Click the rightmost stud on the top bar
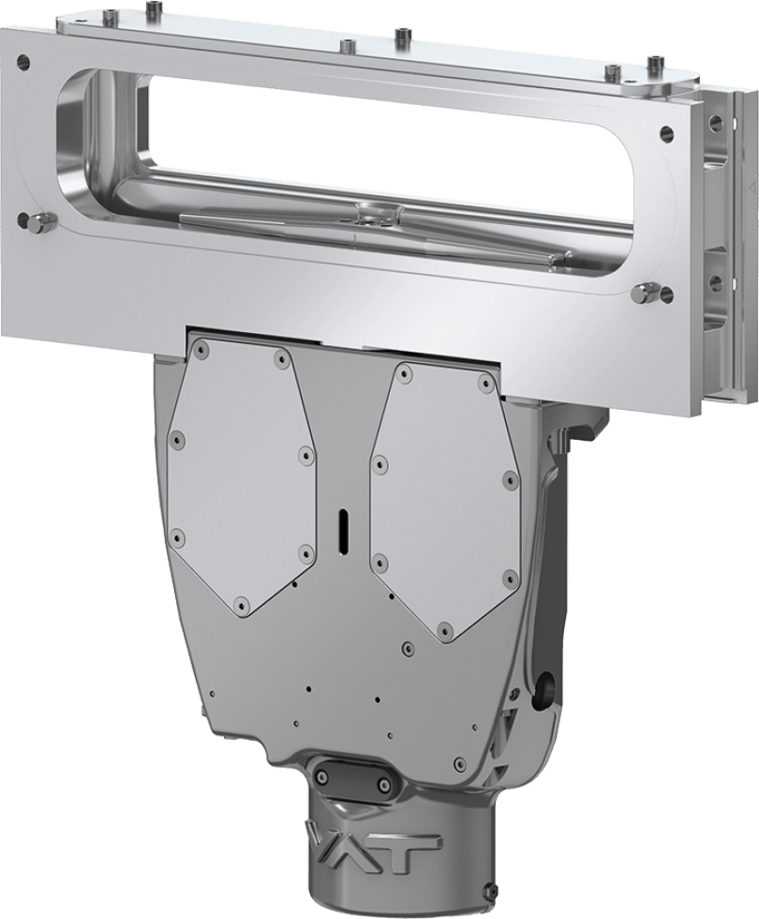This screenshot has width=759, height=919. [653, 65]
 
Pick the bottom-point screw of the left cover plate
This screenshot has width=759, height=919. [241, 605]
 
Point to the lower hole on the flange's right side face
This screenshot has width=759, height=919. [715, 281]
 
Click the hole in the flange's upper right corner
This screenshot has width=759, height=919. [667, 134]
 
